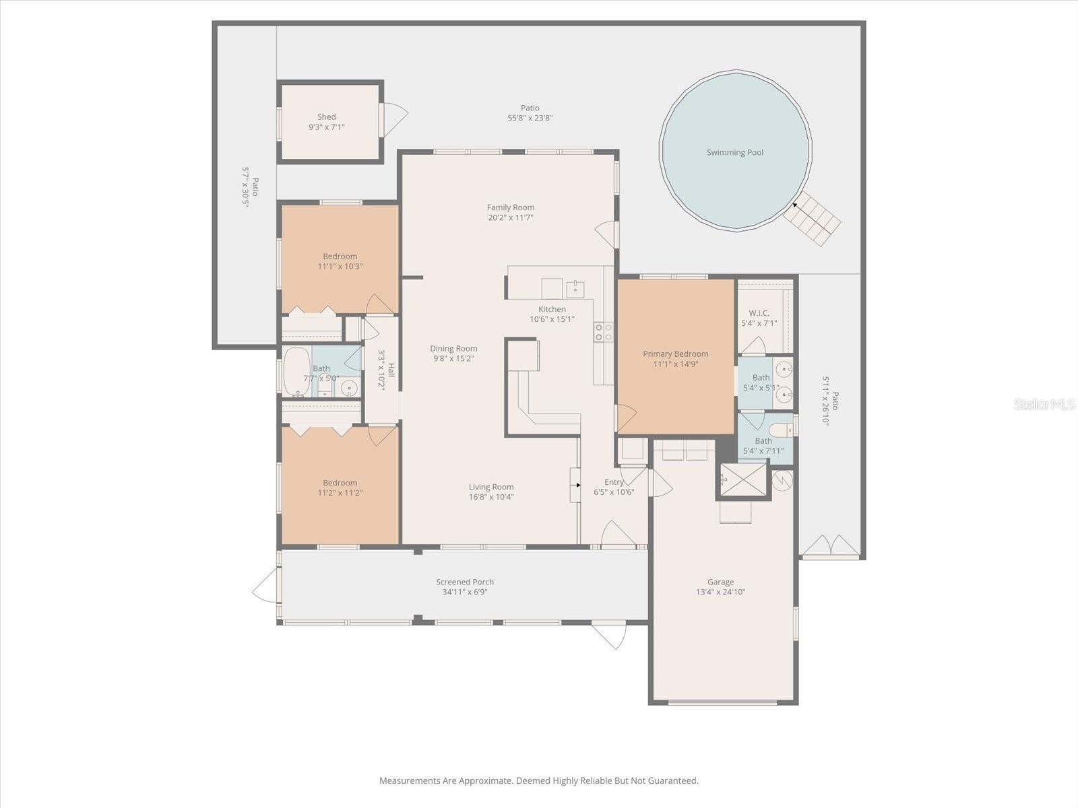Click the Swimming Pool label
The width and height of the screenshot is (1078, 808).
click(x=734, y=153)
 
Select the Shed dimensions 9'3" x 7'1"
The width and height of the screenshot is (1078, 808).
click(x=327, y=127)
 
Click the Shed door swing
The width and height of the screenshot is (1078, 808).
click(x=395, y=119)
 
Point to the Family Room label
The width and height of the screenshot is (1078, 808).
click(x=510, y=207)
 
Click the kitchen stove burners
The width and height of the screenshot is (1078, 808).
click(x=603, y=331)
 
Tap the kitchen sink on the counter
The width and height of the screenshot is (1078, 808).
click(x=575, y=289)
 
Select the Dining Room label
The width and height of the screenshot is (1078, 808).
click(x=453, y=349)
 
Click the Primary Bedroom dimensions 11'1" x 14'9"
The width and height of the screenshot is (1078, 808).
click(x=675, y=364)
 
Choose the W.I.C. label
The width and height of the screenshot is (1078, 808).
click(x=759, y=313)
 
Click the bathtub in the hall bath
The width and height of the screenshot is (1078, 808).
click(x=296, y=372)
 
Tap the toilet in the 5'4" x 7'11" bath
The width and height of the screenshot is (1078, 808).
click(x=782, y=430)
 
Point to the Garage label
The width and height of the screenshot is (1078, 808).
click(x=720, y=582)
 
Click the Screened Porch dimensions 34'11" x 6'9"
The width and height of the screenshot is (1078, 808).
click(x=464, y=593)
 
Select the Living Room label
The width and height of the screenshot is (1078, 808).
click(x=491, y=487)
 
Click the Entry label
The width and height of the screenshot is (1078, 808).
click(x=614, y=482)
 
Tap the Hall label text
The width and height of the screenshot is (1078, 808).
click(x=391, y=370)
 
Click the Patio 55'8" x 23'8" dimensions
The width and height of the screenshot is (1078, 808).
click(x=530, y=118)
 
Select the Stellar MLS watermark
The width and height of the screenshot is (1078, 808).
click(x=1044, y=404)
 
